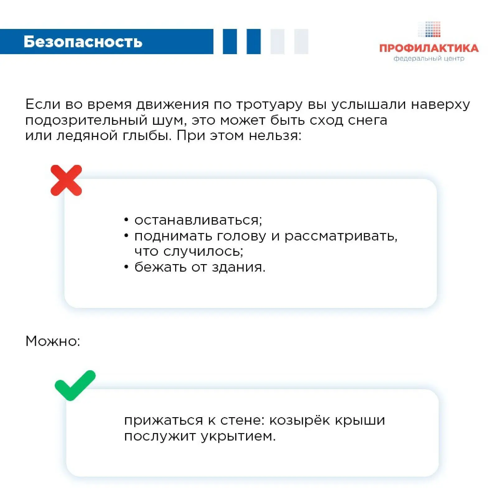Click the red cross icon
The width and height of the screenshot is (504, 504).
point(66,180)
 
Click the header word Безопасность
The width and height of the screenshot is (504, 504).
point(83,42)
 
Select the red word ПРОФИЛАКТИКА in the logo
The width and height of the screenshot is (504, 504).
point(429,48)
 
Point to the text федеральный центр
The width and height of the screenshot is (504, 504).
point(429,58)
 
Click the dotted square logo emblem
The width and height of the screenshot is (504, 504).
point(429,29)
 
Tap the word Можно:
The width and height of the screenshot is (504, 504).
point(53,341)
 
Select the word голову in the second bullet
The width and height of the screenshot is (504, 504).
point(241,236)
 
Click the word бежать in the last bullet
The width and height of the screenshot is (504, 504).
point(160,267)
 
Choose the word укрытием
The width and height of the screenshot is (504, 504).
point(238,436)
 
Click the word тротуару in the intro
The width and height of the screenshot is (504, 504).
point(269,105)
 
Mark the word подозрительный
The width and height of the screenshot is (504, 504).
point(86,120)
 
